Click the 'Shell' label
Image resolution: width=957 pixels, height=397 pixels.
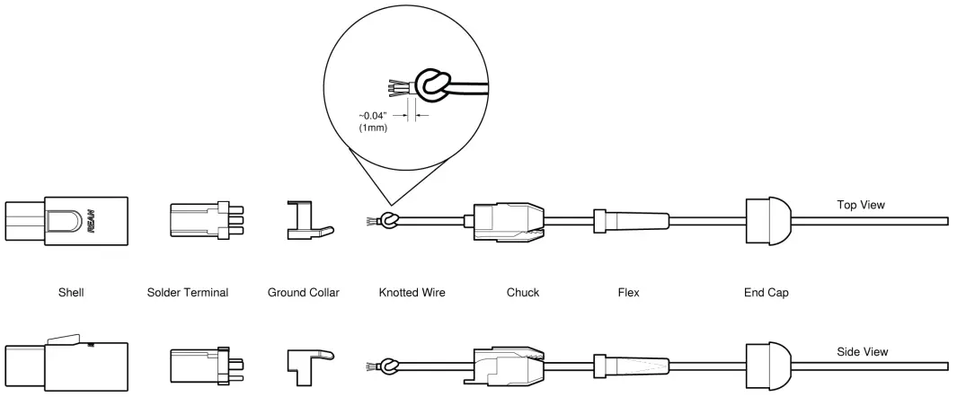point(71,293)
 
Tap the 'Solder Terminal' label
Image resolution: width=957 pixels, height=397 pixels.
point(188,293)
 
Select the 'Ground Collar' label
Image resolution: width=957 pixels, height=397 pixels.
point(304,293)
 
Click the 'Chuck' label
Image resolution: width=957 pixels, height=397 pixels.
point(522,293)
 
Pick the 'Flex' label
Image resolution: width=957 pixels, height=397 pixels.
point(628,293)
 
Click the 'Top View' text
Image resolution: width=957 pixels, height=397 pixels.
point(861,205)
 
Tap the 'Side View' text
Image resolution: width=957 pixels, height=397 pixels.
point(862,352)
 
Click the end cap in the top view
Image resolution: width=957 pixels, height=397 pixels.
point(768,221)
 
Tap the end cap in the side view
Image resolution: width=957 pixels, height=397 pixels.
point(768,366)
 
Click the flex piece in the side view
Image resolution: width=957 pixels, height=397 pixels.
point(631,366)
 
